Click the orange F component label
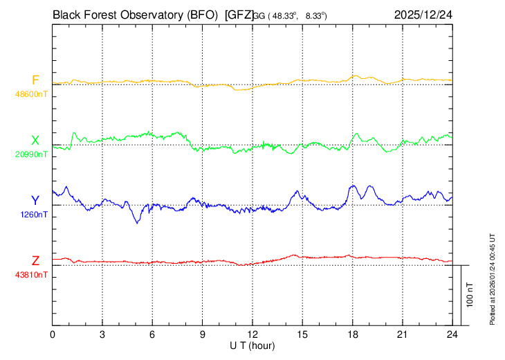(35, 80)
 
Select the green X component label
(35, 141)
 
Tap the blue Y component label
(35, 200)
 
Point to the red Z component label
(35, 260)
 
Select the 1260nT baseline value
(33, 214)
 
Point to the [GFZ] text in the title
(239, 14)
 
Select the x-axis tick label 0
(53, 335)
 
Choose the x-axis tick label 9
(203, 335)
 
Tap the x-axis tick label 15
(302, 335)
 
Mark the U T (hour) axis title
(252, 345)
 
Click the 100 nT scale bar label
(470, 294)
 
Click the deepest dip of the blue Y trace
(137, 222)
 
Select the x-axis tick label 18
(353, 335)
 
